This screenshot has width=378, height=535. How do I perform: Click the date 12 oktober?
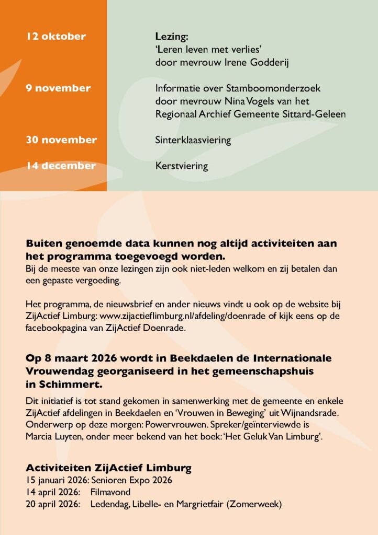point(56,37)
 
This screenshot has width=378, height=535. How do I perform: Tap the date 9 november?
point(59,88)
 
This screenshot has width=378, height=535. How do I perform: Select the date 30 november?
point(62,140)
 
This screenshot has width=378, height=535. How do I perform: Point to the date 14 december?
point(61,166)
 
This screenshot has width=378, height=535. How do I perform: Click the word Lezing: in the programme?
point(171,37)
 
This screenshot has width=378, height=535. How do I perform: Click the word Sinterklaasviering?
point(193,141)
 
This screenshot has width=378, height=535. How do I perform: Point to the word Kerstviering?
point(182,167)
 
